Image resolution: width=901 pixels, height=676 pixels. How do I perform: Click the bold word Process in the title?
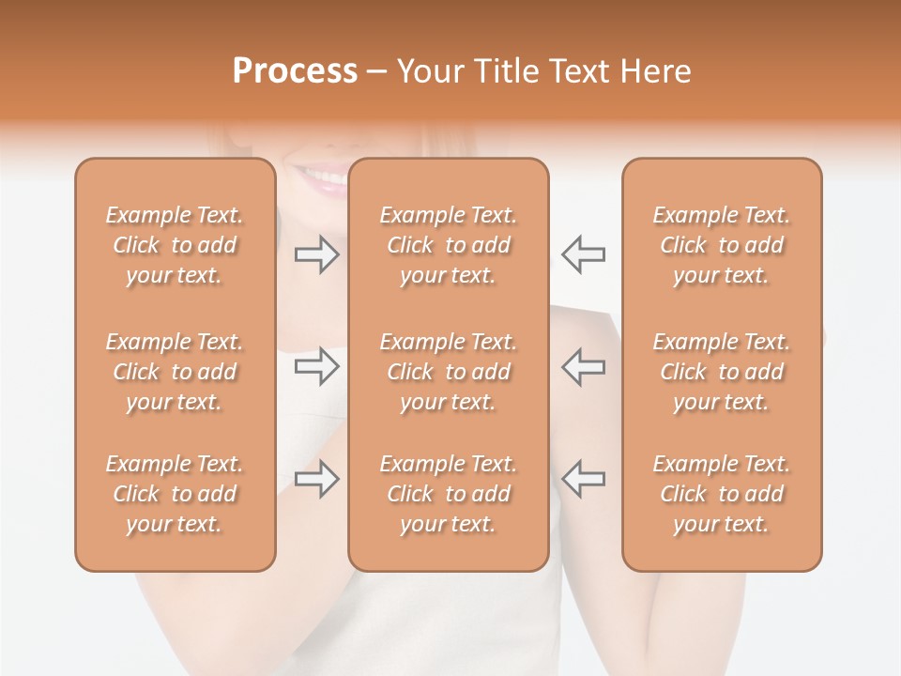tap(295, 71)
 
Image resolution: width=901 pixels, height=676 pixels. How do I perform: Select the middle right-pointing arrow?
tap(317, 366)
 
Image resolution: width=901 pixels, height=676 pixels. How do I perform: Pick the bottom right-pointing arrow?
tap(317, 479)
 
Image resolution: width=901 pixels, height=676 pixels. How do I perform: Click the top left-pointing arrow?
tap(583, 254)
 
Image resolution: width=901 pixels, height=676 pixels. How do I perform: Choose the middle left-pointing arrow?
tap(583, 366)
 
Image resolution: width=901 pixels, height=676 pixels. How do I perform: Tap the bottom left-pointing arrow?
tap(583, 478)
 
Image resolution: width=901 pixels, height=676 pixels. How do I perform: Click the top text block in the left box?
tap(175, 245)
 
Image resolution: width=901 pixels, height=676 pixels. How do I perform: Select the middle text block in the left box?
tap(175, 372)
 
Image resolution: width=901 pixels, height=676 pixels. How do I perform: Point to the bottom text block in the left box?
tap(175, 494)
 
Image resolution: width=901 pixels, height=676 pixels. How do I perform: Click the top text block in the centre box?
tap(449, 245)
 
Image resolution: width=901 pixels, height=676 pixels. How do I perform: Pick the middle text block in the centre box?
tap(449, 372)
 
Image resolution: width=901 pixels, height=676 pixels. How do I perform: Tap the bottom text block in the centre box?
tap(449, 494)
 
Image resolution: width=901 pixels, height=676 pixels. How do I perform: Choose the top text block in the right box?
tap(722, 245)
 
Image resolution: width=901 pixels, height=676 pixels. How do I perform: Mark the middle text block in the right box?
tap(722, 372)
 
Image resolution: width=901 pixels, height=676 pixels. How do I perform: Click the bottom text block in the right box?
tap(722, 494)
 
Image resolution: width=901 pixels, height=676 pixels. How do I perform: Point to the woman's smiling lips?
tap(321, 178)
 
